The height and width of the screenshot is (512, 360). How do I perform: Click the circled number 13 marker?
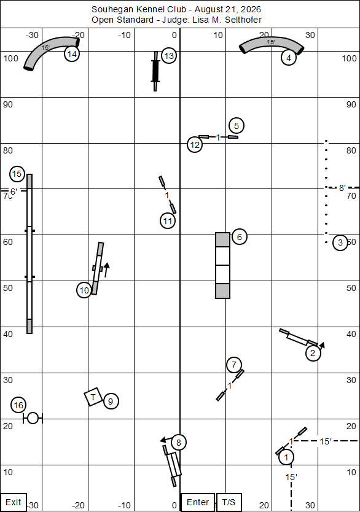pyautogui.click(x=168, y=56)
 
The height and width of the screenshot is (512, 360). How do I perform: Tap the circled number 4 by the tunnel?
pyautogui.click(x=289, y=58)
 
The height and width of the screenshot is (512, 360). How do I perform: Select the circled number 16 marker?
pyautogui.click(x=18, y=405)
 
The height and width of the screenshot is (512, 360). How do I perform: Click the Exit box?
pyautogui.click(x=14, y=502)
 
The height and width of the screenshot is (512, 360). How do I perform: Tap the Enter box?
pyautogui.click(x=198, y=502)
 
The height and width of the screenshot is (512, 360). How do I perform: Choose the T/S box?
pyautogui.click(x=229, y=502)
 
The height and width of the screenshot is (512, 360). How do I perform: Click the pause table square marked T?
pyautogui.click(x=93, y=397)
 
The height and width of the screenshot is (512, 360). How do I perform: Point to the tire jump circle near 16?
pyautogui.click(x=33, y=418)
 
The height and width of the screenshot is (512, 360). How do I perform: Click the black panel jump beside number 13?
pyautogui.click(x=155, y=71)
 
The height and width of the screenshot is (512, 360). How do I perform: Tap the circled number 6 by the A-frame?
pyautogui.click(x=240, y=237)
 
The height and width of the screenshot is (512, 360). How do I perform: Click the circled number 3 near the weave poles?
pyautogui.click(x=340, y=242)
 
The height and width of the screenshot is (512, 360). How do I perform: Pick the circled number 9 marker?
pyautogui.click(x=111, y=401)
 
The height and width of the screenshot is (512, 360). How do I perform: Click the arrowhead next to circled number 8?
pyautogui.click(x=163, y=441)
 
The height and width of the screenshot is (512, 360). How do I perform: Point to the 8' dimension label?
pyautogui.click(x=342, y=188)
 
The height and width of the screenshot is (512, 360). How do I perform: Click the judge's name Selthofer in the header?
pyautogui.click(x=243, y=20)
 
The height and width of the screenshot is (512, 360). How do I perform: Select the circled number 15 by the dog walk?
pyautogui.click(x=17, y=174)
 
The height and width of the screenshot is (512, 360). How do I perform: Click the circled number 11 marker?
pyautogui.click(x=168, y=221)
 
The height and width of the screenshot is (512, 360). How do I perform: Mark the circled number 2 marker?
pyautogui.click(x=313, y=353)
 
